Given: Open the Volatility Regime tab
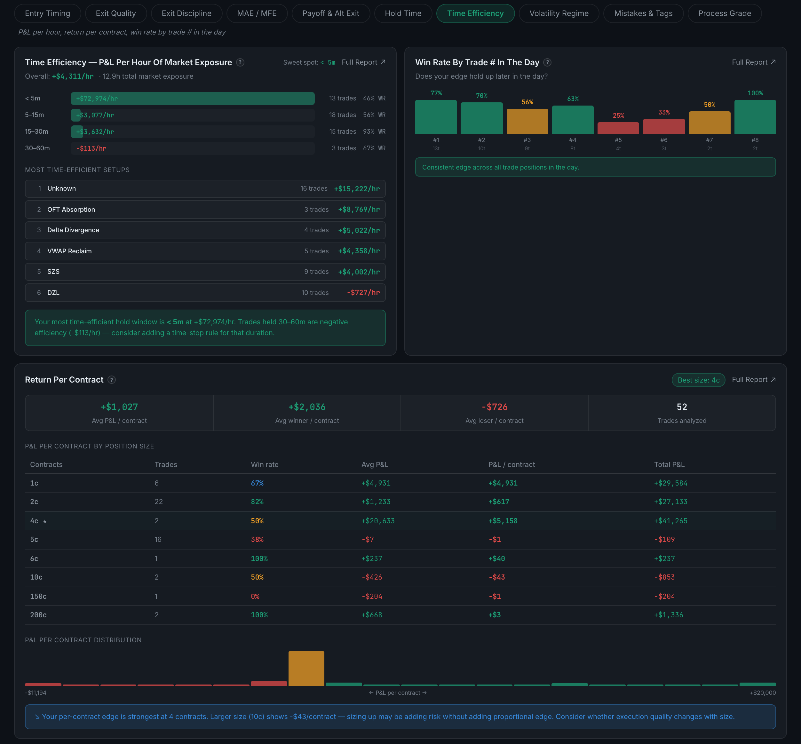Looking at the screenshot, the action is [559, 13].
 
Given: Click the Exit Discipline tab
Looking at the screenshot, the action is [186, 13].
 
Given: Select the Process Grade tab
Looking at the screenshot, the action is [725, 13].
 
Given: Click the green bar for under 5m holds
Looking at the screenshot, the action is [193, 98].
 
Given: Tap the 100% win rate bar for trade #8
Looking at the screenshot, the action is [755, 117].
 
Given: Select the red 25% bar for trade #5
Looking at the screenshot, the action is [618, 128].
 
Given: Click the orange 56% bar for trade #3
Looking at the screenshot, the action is [527, 121].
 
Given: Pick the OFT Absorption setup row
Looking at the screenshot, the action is [205, 210].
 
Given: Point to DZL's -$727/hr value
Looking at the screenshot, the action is [363, 293].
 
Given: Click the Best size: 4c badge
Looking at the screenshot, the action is [698, 380].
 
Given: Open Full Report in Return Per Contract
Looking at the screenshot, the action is [753, 380].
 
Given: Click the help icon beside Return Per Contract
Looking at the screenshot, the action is [112, 380].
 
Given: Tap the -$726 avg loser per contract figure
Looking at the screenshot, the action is [495, 407].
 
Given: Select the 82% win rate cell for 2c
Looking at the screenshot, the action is [257, 502].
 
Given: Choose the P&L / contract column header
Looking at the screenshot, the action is [512, 464].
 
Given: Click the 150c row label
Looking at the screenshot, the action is [38, 596].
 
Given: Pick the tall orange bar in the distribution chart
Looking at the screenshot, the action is [306, 668].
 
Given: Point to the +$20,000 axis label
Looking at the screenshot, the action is [762, 693].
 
